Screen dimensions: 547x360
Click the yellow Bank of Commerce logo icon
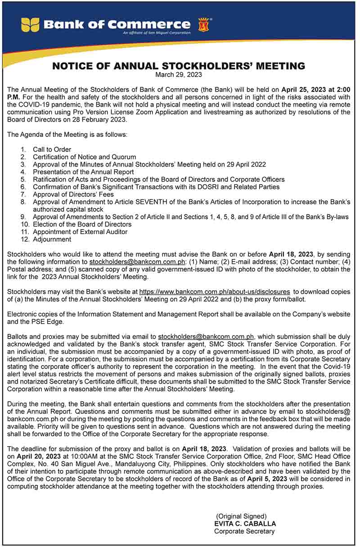30,24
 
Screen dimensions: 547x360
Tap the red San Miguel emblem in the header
202,24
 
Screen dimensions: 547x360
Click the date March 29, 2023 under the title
179,74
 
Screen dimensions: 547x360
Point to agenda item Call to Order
52,149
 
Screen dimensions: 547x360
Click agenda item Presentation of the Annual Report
83,172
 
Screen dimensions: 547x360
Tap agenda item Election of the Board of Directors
82,224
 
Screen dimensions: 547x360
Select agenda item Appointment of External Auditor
80,232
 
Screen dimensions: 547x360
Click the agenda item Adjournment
52,240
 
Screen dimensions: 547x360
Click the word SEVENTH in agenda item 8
180,202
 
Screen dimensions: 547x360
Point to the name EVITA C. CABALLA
245,524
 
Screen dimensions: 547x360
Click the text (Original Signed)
242,516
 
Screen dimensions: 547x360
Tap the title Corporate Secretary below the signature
244,531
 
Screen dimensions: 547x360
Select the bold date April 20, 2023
35,457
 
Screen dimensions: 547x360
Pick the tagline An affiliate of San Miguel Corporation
151,33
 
